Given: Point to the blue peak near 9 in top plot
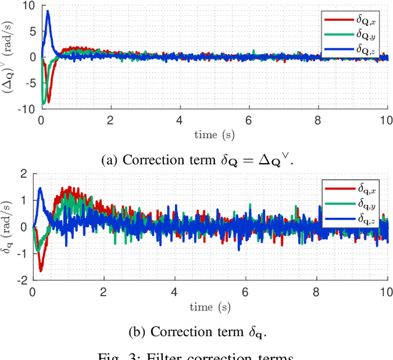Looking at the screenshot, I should point(48,11).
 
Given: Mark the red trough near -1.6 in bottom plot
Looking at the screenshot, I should point(41,270).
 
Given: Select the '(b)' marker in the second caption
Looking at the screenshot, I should point(138,332).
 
